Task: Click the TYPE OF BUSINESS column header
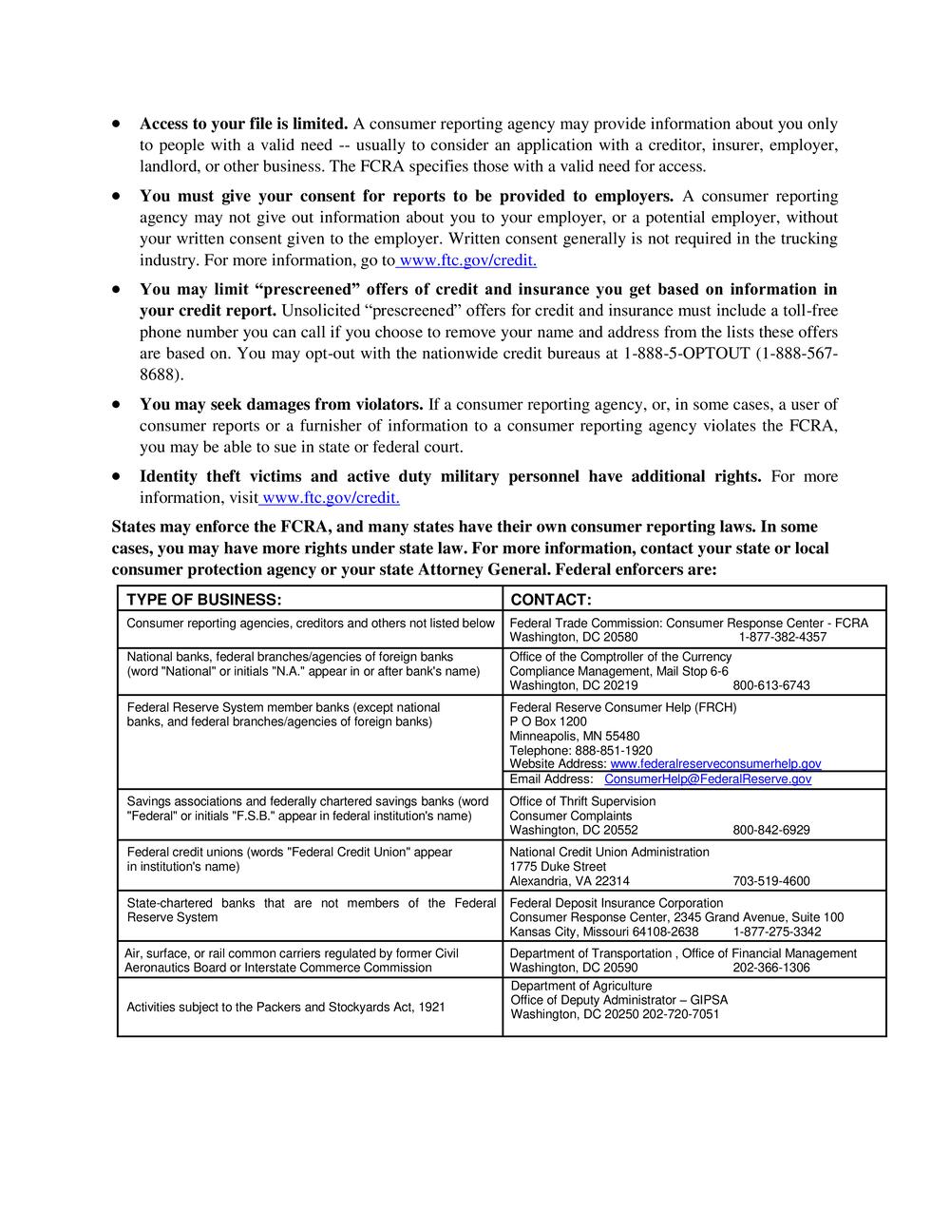(204, 600)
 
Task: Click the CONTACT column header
(551, 600)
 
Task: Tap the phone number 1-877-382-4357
(782, 637)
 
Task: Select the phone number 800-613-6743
(771, 685)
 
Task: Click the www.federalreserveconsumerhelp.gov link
(715, 763)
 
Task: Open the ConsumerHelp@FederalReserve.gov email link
(708, 779)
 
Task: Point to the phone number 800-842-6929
(771, 830)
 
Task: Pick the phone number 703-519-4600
(771, 881)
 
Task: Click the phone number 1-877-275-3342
(782, 932)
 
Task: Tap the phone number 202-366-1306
(771, 968)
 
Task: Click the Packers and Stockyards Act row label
(286, 1007)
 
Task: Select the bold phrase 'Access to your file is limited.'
(244, 125)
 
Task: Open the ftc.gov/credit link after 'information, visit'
(332, 498)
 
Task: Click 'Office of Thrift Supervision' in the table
(582, 801)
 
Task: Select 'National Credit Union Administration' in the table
(609, 852)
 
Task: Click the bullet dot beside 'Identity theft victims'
(116, 476)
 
